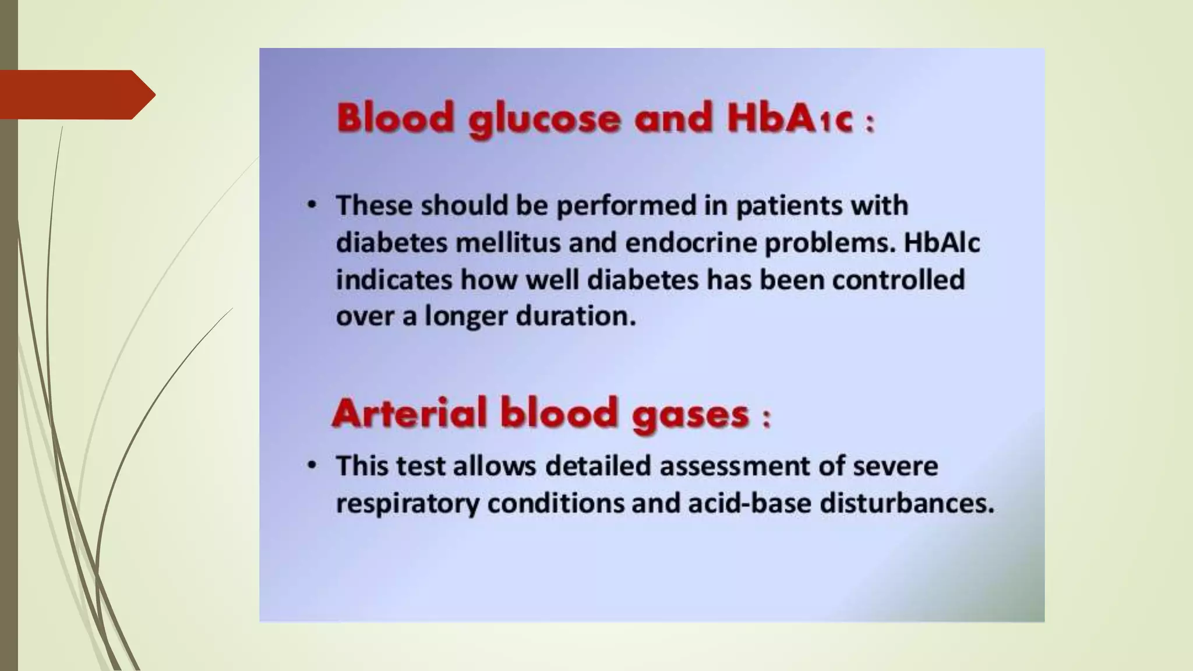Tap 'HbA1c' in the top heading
coord(790,118)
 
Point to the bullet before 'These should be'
coord(313,205)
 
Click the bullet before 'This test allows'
coord(313,465)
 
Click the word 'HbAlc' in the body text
coord(941,243)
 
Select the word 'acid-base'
coord(749,503)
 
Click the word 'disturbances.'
coord(906,503)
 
